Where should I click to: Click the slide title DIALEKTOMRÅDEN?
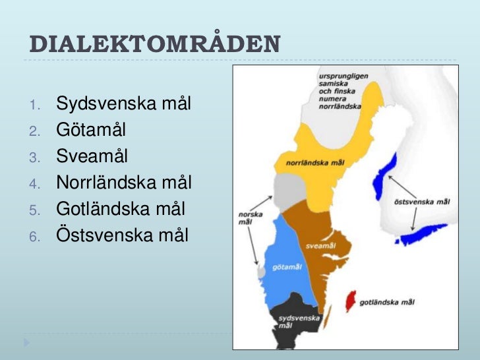pos(155,44)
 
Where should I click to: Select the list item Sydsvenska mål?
pos(123,104)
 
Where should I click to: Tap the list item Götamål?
pos(91,130)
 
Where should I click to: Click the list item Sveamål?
pos(92,157)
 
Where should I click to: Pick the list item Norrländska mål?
pos(124,183)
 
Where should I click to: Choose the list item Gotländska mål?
pos(121,209)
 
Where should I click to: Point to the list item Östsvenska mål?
pos(122,235)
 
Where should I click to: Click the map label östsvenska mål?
pos(421,201)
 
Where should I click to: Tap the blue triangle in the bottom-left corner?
pos(26,344)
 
